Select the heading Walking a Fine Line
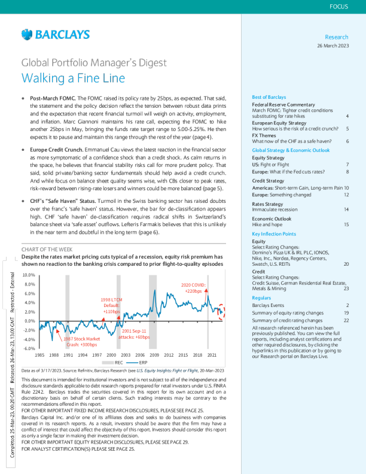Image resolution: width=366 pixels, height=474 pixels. point(73,78)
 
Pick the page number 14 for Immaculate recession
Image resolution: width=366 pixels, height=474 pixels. point(346,210)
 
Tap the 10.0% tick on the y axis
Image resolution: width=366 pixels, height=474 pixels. point(28,274)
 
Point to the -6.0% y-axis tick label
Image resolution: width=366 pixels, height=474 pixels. point(28,348)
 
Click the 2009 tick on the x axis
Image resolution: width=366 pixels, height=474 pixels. point(154,355)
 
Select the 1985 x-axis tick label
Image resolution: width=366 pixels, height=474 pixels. point(39,355)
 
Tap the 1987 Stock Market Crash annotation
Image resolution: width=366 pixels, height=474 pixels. point(81,342)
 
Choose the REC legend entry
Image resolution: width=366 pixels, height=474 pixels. point(118,363)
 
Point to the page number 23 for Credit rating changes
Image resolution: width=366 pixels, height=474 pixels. point(346,288)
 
